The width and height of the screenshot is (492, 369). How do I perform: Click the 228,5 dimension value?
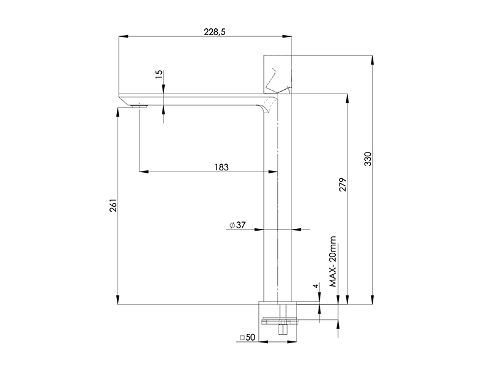pyautogui.click(x=215, y=32)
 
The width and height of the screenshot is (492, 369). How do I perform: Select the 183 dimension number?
pyautogui.click(x=221, y=167)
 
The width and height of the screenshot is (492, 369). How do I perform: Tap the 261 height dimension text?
pyautogui.click(x=113, y=205)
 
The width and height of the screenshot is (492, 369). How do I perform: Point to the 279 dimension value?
pyautogui.click(x=343, y=184)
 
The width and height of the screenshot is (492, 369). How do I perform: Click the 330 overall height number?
pyautogui.click(x=368, y=159)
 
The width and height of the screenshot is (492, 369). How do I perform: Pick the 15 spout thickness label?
pyautogui.click(x=159, y=74)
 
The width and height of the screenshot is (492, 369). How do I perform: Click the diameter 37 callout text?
pyautogui.click(x=237, y=225)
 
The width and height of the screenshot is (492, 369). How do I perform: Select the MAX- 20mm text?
pyautogui.click(x=333, y=261)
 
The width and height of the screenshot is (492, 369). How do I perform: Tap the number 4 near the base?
pyautogui.click(x=315, y=285)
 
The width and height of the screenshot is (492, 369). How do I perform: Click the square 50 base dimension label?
pyautogui.click(x=248, y=337)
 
